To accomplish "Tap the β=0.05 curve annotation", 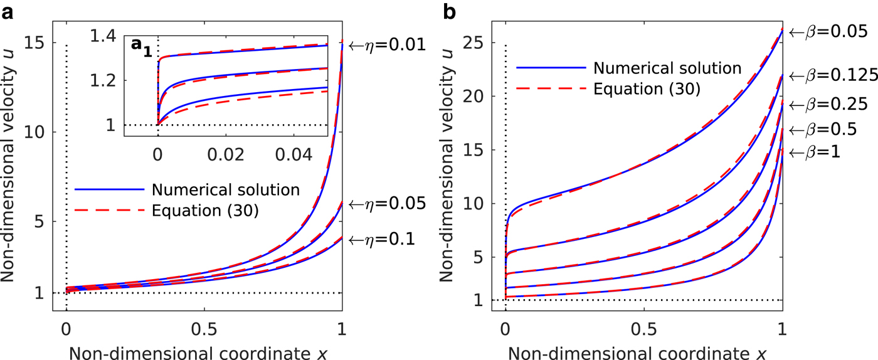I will [x=826, y=31].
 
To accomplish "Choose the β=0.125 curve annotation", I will [x=831, y=76].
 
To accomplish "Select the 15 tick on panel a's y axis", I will [x=37, y=44].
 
